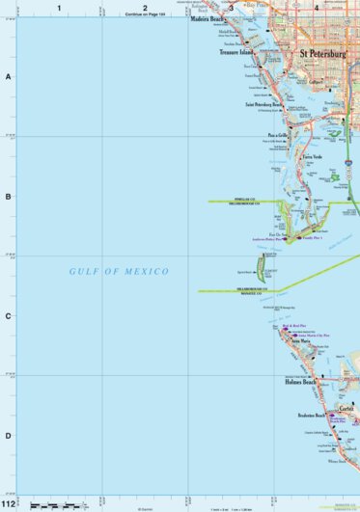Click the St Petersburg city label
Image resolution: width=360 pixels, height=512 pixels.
322,56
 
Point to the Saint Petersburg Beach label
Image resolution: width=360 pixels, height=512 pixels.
263,104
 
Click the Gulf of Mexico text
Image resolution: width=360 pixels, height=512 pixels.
120,272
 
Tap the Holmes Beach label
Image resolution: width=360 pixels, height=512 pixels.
300,383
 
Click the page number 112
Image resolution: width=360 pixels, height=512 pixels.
9,503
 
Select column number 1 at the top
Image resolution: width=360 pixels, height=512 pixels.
59,8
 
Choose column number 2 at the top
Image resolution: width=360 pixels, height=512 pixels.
145,8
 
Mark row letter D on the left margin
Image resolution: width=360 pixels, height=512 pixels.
9,435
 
